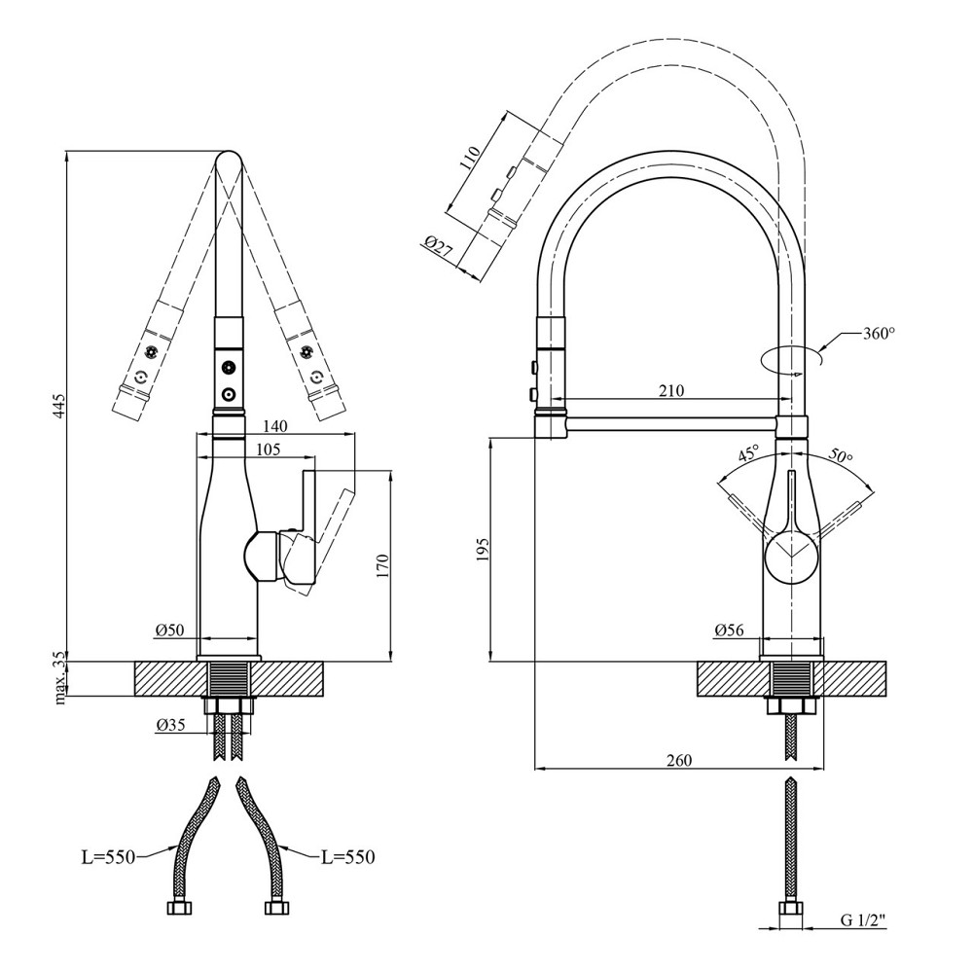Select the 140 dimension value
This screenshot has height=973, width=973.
(x=276, y=425)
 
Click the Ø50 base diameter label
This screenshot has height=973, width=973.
(x=169, y=631)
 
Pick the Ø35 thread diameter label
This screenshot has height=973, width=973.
(x=171, y=724)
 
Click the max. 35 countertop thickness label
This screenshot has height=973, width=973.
(x=60, y=678)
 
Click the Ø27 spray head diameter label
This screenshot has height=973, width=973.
(x=440, y=249)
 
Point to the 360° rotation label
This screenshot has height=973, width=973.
(x=878, y=333)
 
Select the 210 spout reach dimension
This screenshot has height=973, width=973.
(x=670, y=391)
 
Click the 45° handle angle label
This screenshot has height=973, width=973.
(x=748, y=454)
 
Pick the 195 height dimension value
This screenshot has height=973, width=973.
(x=496, y=550)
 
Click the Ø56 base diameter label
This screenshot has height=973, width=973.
(x=730, y=631)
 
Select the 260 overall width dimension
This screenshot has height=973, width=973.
(x=680, y=760)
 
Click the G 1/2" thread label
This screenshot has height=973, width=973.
(x=863, y=918)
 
